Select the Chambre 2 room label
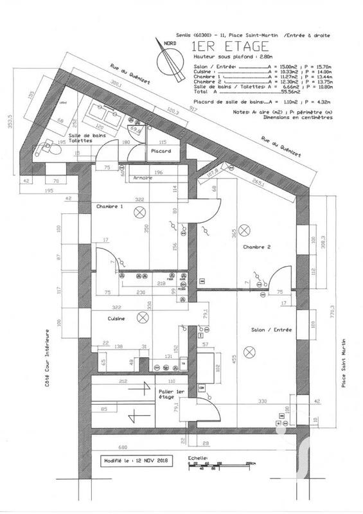[257, 247]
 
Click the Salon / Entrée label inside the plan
[272, 330]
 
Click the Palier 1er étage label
[172, 394]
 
